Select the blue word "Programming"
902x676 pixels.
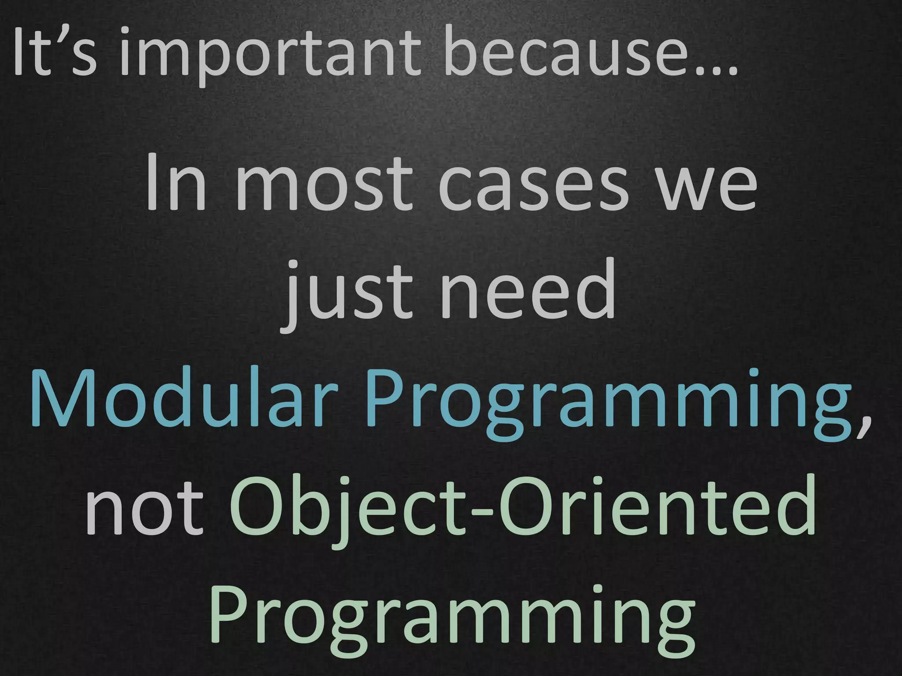608,403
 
